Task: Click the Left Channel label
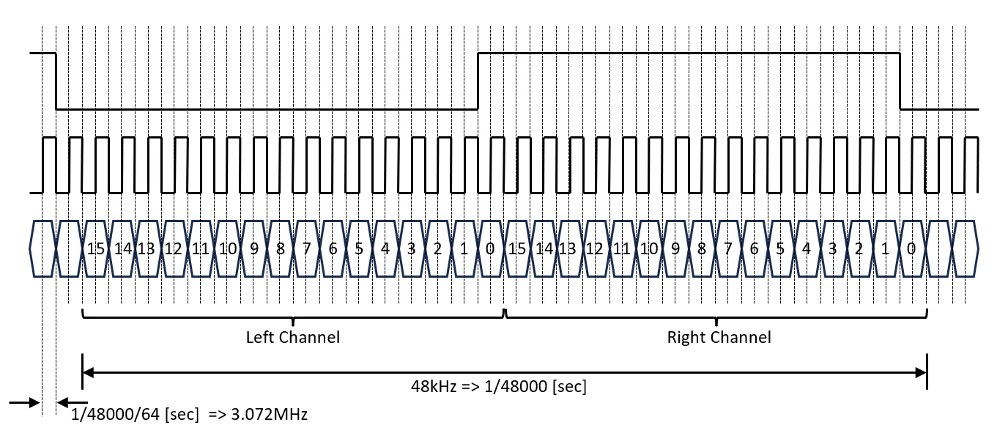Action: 292,338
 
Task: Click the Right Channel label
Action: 719,338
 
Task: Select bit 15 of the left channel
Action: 95,249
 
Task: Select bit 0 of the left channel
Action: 490,249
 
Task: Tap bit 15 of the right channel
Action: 516,249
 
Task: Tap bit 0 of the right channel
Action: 911,249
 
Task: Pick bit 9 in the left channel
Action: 253,249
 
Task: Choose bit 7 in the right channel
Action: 727,249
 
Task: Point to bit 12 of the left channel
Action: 173,249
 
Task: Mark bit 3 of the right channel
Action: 832,249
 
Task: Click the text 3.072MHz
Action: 269,415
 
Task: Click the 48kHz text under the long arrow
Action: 434,386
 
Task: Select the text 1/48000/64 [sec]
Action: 135,415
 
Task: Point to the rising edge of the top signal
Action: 478,81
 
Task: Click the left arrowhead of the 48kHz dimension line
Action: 88,372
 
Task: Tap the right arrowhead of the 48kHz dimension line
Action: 921,372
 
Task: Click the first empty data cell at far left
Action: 42,249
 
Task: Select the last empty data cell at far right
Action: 965,249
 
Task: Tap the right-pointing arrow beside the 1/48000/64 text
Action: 25,402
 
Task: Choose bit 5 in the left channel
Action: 359,249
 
